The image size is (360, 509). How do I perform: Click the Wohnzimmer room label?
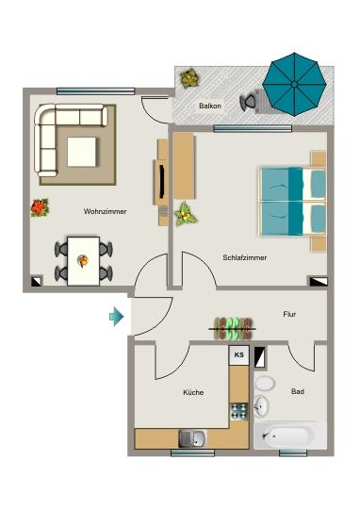[x=105, y=211]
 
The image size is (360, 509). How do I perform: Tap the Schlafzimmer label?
[x=244, y=257]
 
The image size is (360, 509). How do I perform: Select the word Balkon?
[x=210, y=107]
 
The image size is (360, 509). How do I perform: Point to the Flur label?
[x=290, y=314]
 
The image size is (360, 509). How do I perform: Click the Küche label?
[x=193, y=392]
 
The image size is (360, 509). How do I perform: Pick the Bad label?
[x=298, y=391]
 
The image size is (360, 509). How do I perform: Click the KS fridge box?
[x=239, y=355]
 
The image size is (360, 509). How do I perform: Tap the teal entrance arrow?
[x=117, y=317]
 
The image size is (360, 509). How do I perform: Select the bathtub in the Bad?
[x=288, y=436]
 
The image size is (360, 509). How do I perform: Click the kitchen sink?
[x=192, y=436]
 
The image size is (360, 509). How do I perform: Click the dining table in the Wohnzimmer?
[x=83, y=260]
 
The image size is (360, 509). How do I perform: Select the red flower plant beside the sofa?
[x=39, y=206]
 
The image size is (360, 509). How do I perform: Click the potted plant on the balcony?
[x=189, y=78]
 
